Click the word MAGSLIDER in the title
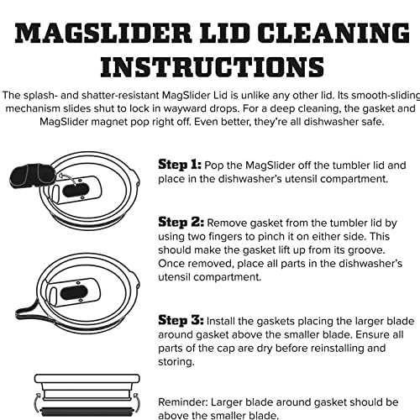[x=103, y=33]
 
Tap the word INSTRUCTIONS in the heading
[x=213, y=66]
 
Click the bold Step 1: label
[x=180, y=165]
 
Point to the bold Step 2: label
[x=181, y=223]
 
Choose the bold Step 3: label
[x=181, y=320]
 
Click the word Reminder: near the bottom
[x=183, y=402]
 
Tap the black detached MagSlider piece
[x=32, y=176]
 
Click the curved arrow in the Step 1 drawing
[x=69, y=177]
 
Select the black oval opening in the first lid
[x=76, y=191]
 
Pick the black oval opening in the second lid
[x=74, y=293]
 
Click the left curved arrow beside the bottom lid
[x=36, y=403]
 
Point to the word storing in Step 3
[x=176, y=362]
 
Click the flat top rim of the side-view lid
[x=87, y=379]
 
